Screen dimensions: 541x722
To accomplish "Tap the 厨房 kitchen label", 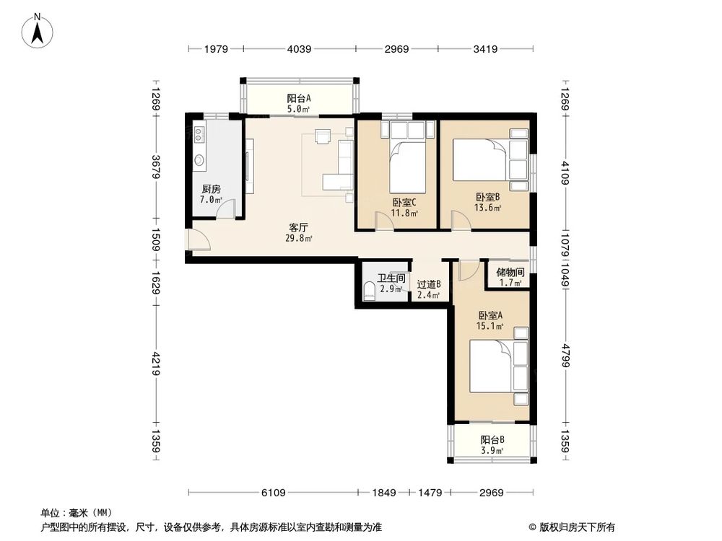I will pos(211,189).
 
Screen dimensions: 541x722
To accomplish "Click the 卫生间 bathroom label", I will pos(391,278).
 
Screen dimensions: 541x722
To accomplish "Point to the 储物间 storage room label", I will pos(510,272).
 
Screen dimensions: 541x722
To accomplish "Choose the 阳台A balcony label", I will pos(299,99).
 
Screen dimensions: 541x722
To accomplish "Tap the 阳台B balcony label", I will pos(492,439).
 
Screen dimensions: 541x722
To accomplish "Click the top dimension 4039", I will pos(299,49).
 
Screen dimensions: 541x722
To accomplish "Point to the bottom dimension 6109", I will pos(274,493).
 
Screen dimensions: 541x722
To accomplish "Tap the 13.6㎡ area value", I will pos(488,208).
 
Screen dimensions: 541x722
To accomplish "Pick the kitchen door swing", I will pos(227,210).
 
